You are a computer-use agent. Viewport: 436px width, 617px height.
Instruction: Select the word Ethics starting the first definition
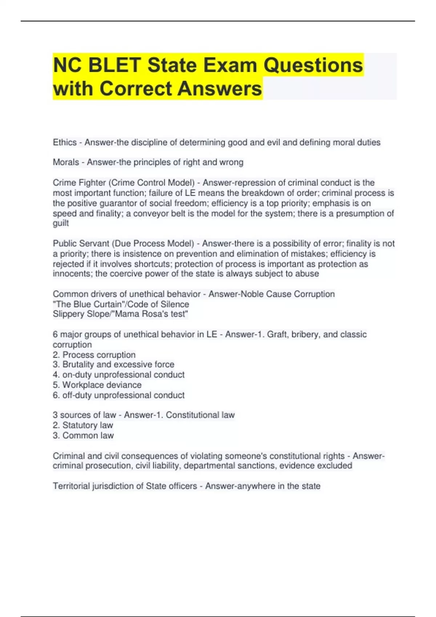(x=65, y=142)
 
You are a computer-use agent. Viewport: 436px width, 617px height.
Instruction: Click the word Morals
(x=66, y=162)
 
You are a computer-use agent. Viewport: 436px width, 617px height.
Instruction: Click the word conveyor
(x=151, y=213)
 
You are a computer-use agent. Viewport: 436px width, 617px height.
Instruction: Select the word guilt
(x=61, y=223)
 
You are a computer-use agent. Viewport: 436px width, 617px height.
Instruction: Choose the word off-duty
(x=77, y=395)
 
